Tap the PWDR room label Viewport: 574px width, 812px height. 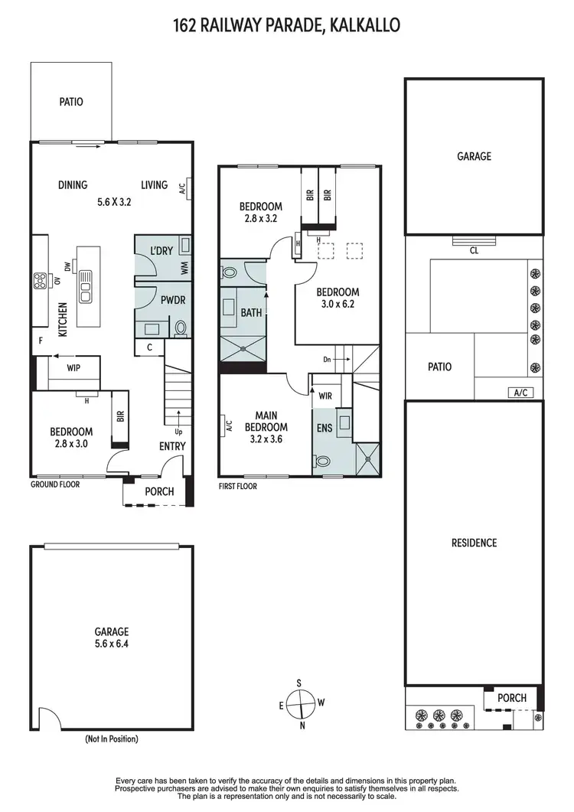click(169, 300)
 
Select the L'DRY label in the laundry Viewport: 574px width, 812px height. click(161, 251)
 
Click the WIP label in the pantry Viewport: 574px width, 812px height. click(73, 367)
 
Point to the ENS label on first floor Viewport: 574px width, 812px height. click(325, 428)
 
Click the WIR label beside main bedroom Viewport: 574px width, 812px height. click(325, 396)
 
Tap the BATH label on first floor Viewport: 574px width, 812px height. click(251, 313)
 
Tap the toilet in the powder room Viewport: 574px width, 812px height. click(181, 328)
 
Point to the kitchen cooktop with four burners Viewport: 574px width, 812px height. click(39, 281)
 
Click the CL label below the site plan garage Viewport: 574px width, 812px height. click(474, 250)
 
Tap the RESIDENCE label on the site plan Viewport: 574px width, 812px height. click(474, 543)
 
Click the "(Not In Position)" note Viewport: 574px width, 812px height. click(112, 740)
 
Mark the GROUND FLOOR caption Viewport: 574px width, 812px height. click(55, 484)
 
